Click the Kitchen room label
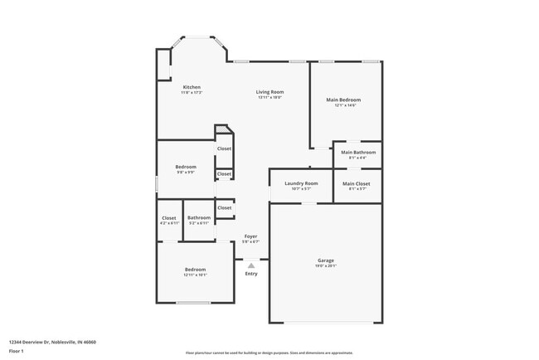[x=192, y=87]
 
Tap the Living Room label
[x=269, y=91]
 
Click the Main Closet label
[x=356, y=183]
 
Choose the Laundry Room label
[x=301, y=183]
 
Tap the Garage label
[x=325, y=260]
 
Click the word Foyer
[x=250, y=236]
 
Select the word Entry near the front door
[x=250, y=274]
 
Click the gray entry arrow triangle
[x=250, y=265]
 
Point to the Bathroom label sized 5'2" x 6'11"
[x=199, y=217]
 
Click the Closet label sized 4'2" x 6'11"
[x=168, y=217]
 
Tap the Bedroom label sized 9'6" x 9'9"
[x=185, y=167]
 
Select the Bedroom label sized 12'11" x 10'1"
[x=195, y=270]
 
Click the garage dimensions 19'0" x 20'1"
[x=325, y=266]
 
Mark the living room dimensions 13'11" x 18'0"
[x=269, y=97]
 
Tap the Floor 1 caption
[x=17, y=351]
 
